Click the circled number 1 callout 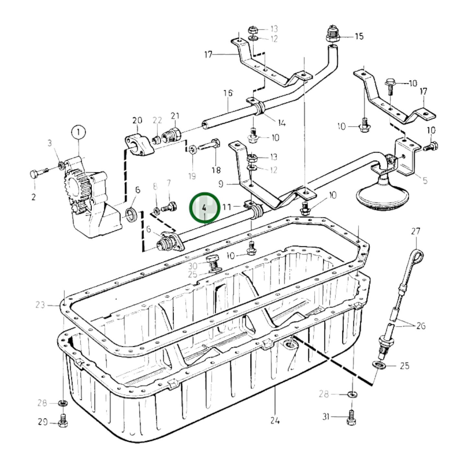coord(78,132)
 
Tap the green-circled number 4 coord(204,208)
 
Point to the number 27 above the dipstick coord(416,231)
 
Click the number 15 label coord(359,36)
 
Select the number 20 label coord(137,120)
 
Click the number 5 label coord(425,180)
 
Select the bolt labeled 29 coord(63,422)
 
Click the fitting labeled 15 coord(333,35)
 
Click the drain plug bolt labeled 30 coord(212,262)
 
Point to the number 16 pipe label coord(228,93)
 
